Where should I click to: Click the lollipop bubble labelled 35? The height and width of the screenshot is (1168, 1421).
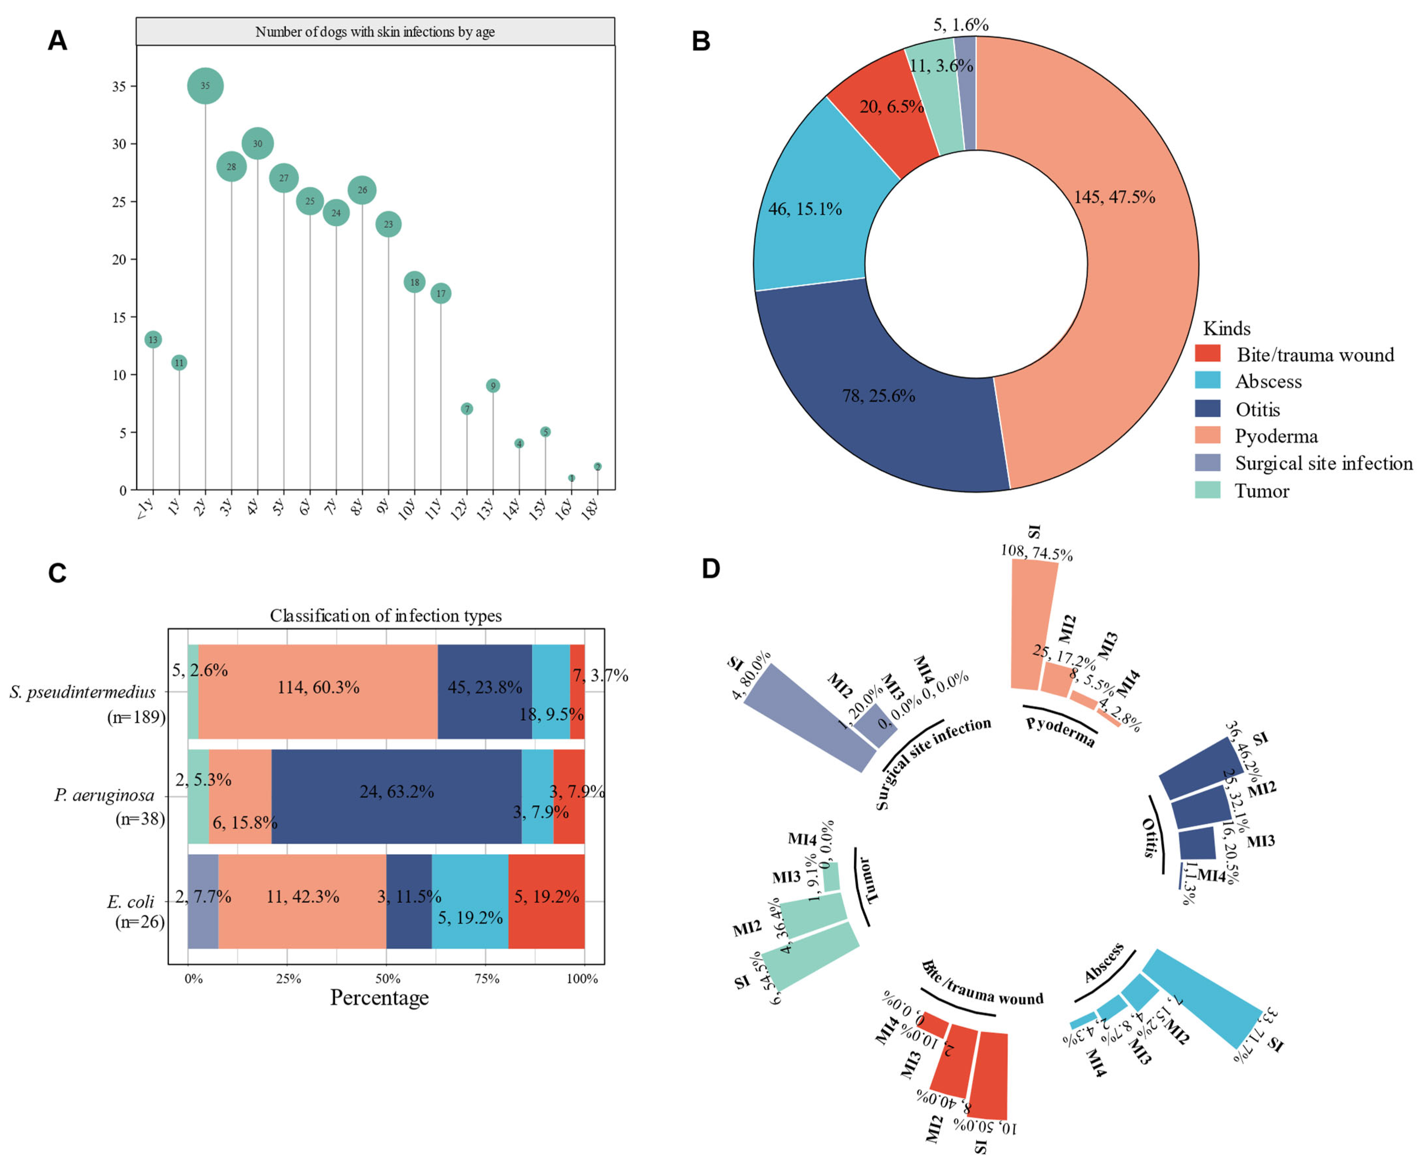pos(205,86)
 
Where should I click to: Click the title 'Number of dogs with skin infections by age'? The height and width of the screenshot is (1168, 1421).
pos(375,32)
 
